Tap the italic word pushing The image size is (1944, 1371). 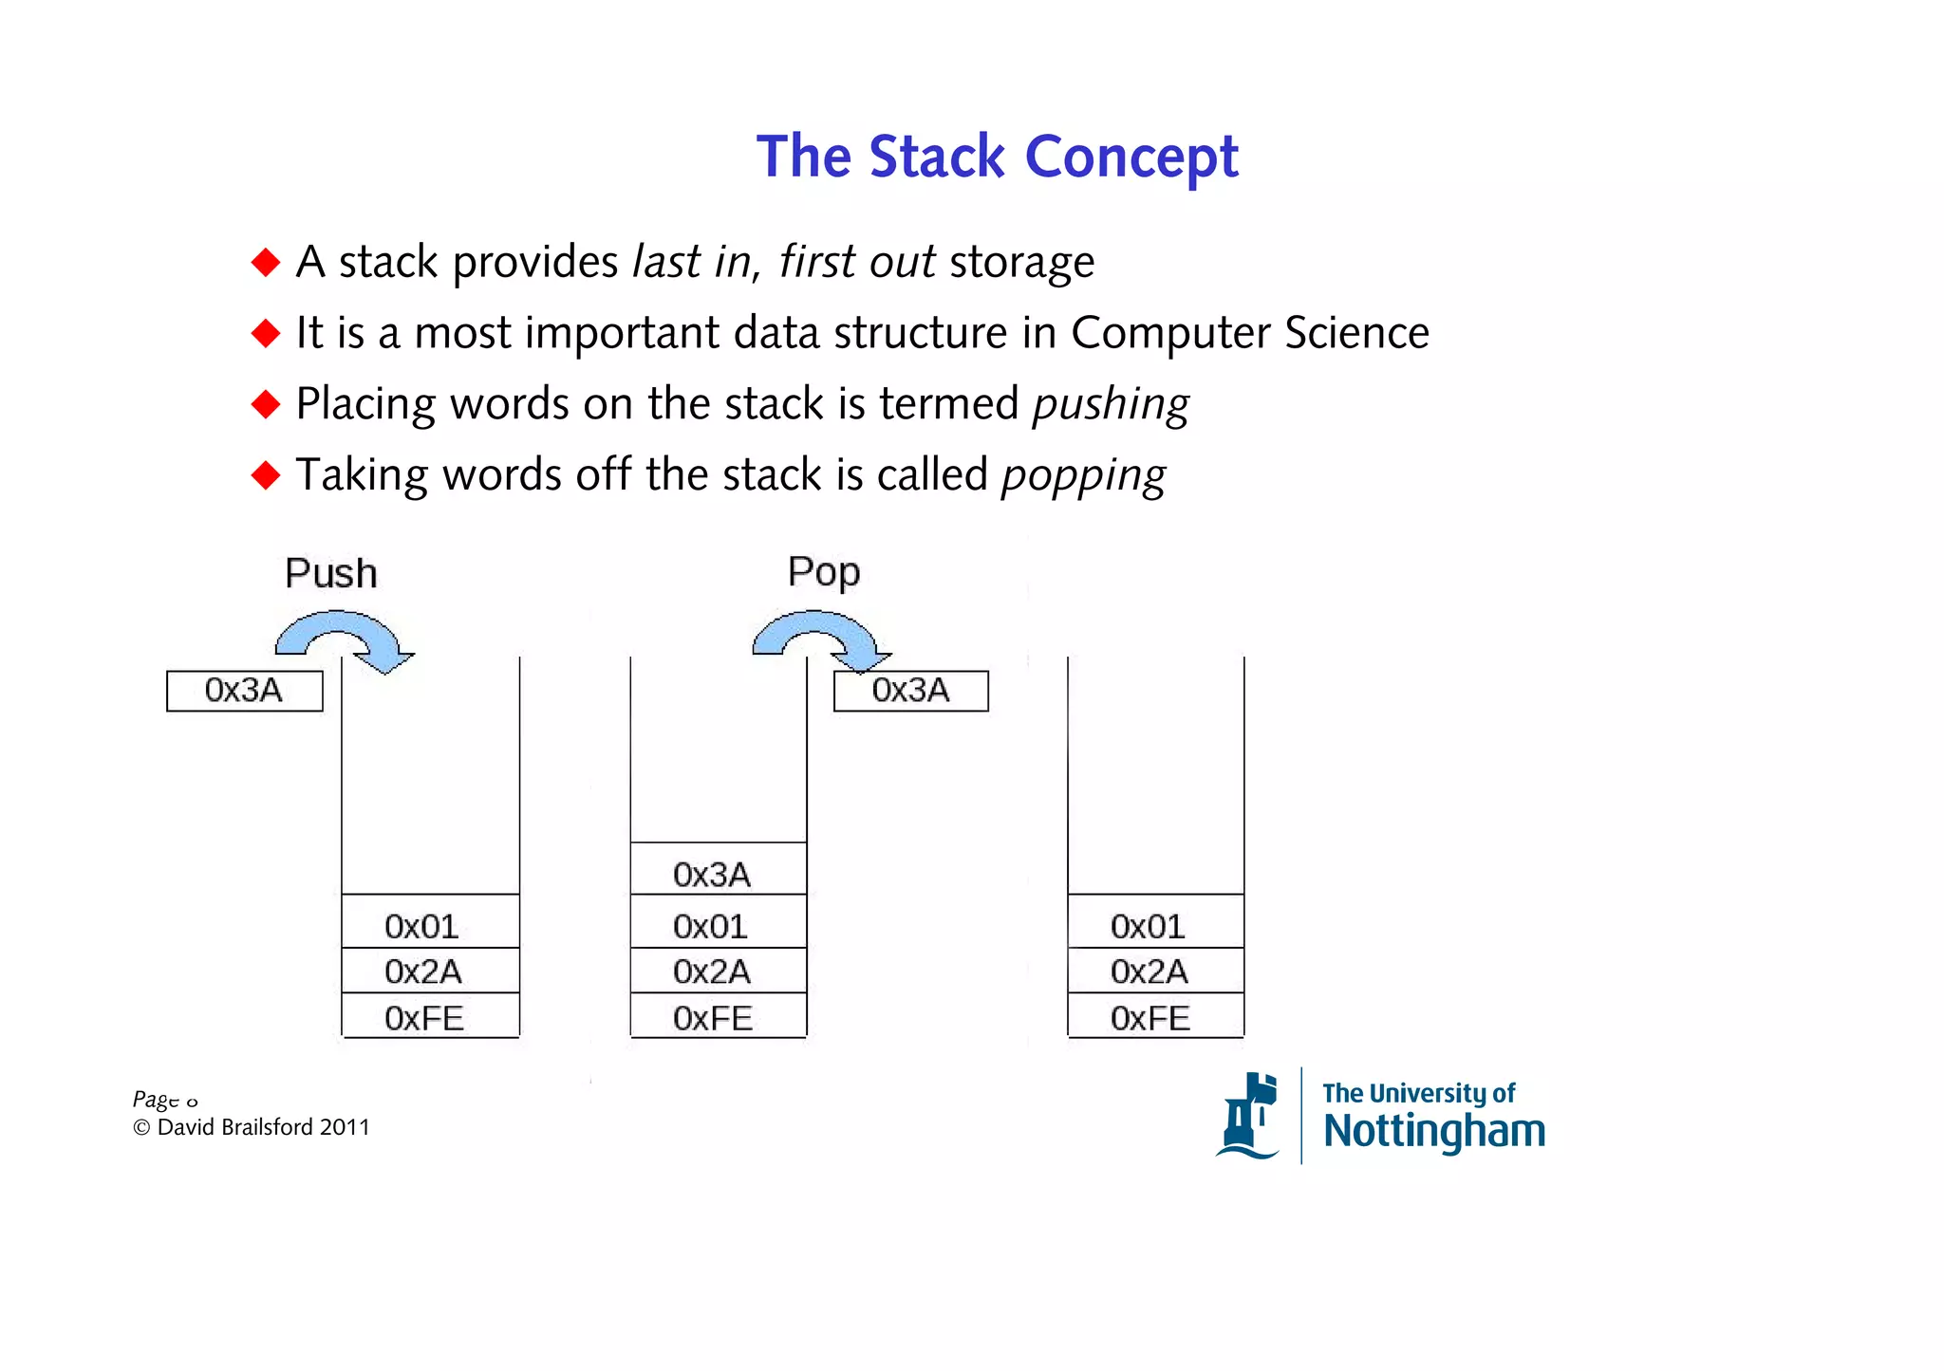(1111, 404)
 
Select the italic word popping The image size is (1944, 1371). (1083, 475)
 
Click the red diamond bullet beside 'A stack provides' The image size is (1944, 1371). (266, 262)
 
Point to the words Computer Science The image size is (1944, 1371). (1249, 333)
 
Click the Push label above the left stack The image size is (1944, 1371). (331, 573)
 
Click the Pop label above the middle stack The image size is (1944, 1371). (823, 572)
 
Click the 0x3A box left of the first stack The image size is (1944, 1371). (245, 691)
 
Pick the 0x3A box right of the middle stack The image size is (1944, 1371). (910, 691)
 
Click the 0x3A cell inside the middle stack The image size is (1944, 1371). (712, 874)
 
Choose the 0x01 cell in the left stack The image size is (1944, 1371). (422, 925)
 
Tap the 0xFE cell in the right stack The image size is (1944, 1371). (1150, 1018)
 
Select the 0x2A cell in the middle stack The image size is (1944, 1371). (712, 972)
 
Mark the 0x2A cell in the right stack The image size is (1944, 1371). (1150, 972)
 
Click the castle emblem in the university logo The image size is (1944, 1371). (1249, 1116)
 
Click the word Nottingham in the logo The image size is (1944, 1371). (1433, 1131)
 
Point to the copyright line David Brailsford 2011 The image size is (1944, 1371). (252, 1127)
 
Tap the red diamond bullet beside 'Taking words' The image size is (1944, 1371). (266, 474)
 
